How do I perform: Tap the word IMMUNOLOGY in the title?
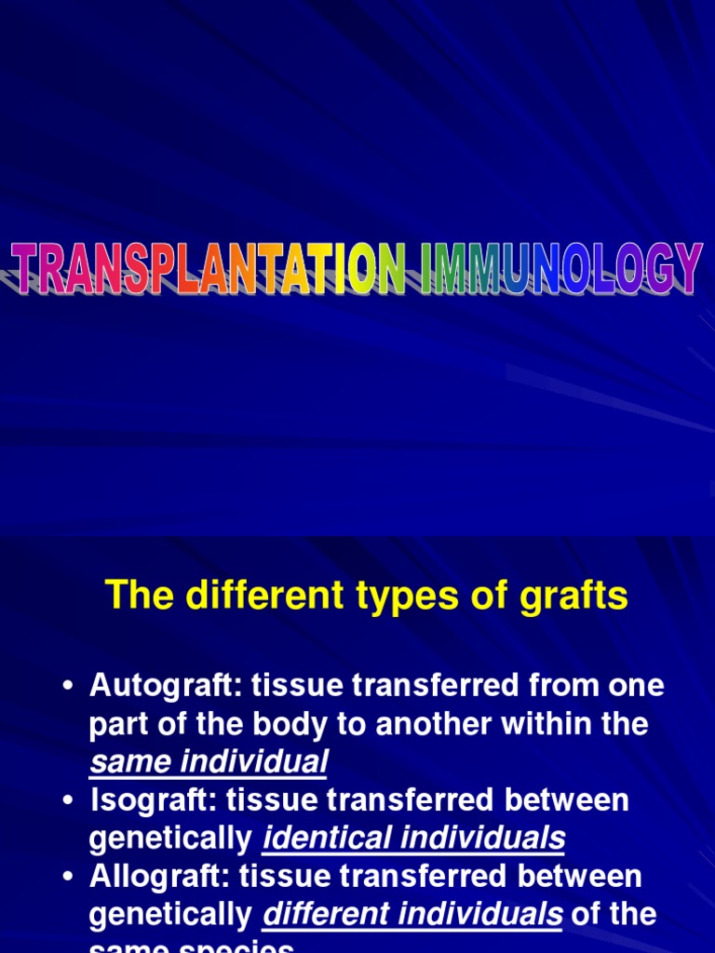560,268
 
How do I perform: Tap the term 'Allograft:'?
159,877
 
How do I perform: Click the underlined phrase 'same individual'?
208,763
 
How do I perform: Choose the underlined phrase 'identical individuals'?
413,839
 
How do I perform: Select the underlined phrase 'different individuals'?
412,916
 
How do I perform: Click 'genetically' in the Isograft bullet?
171,839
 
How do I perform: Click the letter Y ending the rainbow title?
685,268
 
